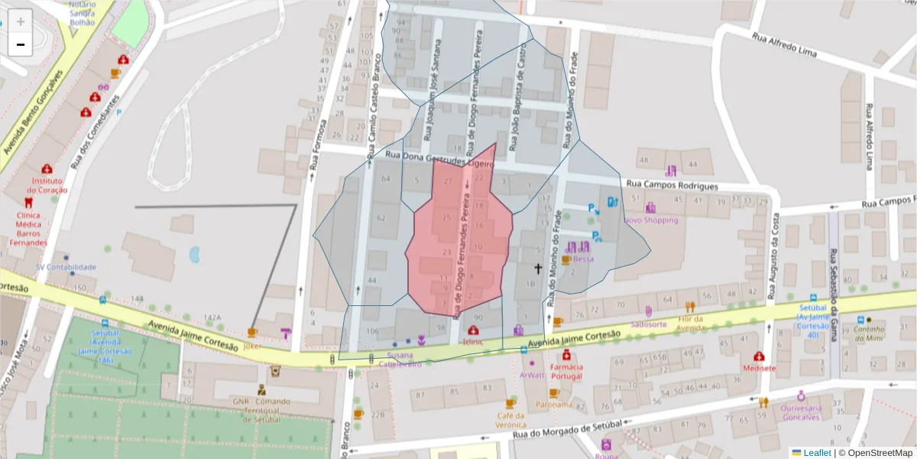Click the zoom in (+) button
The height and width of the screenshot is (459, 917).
21,21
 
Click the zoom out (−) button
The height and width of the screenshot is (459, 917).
21,44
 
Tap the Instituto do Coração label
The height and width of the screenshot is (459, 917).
47,185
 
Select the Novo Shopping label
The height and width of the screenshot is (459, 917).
650,220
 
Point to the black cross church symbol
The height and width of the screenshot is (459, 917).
538,269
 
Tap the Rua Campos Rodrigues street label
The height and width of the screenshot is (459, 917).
672,185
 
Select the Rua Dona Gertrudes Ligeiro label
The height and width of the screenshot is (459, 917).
440,158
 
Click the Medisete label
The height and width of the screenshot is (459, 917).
759,368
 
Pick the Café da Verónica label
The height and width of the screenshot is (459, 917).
510,420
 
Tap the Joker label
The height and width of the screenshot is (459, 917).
252,345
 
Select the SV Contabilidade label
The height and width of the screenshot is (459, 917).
66,267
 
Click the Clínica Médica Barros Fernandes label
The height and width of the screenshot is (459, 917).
28,229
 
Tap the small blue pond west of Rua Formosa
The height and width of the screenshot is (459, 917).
194,254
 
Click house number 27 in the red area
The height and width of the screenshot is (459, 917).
448,181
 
